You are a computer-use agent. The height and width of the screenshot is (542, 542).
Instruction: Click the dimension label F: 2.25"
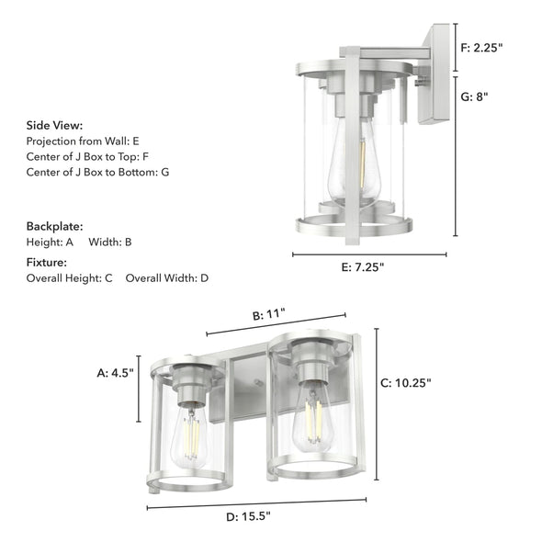(x=482, y=47)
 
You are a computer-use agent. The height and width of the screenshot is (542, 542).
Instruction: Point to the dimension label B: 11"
(x=269, y=314)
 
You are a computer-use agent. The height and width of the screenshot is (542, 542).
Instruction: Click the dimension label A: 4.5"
(x=116, y=373)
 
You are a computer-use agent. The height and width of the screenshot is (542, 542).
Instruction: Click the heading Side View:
(x=54, y=125)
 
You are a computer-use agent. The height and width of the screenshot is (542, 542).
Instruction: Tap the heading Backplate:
(x=54, y=225)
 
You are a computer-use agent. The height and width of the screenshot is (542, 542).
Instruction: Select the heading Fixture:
(x=49, y=262)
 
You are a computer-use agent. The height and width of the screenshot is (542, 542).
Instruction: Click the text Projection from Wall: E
(x=83, y=141)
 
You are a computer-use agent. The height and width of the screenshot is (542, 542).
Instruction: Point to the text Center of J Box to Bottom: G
(x=97, y=172)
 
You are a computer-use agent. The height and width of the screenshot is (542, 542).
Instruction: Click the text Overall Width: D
(x=167, y=277)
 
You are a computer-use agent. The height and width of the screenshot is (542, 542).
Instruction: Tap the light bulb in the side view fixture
(x=356, y=156)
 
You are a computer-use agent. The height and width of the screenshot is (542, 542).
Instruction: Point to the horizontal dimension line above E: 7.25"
(x=369, y=254)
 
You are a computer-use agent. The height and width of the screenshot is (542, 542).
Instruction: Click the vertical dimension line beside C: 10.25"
(x=377, y=404)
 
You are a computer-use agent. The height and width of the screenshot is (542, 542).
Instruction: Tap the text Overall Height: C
(x=69, y=277)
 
